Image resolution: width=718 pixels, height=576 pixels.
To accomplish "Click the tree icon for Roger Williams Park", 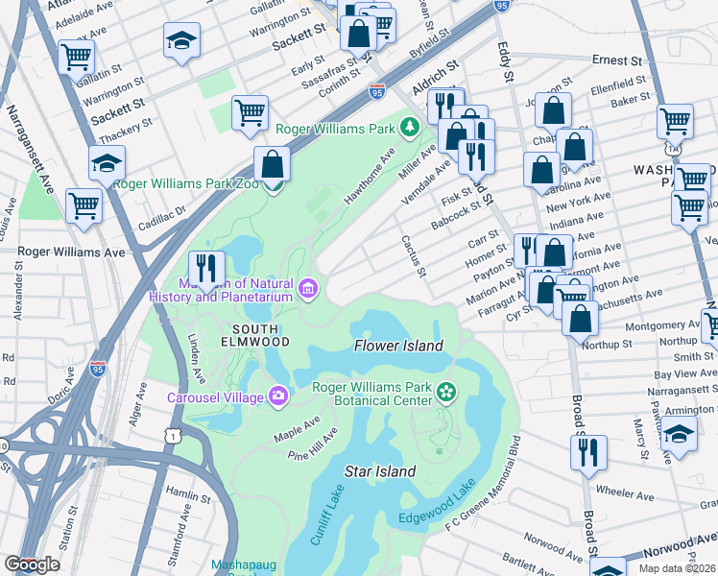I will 411,128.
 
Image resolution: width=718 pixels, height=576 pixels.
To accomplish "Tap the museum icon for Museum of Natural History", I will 308,289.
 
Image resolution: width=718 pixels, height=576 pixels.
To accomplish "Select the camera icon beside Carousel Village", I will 278,396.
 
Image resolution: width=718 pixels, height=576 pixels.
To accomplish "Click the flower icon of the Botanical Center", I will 445,390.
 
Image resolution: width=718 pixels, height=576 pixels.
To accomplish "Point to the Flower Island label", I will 398,346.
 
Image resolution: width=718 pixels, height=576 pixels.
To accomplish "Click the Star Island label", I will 380,471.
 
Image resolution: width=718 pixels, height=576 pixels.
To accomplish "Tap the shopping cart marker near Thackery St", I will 250,114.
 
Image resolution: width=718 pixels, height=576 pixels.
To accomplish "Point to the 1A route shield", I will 675,150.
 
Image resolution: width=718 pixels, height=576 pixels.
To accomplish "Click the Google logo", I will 32,564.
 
